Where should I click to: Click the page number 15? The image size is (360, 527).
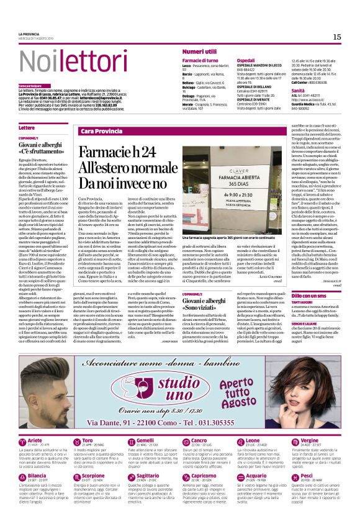click(x=336, y=37)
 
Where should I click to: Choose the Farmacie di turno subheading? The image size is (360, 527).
click(x=200, y=60)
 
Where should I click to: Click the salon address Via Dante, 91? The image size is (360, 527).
click(x=128, y=423)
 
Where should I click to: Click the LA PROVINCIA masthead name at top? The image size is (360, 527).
click(x=29, y=34)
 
